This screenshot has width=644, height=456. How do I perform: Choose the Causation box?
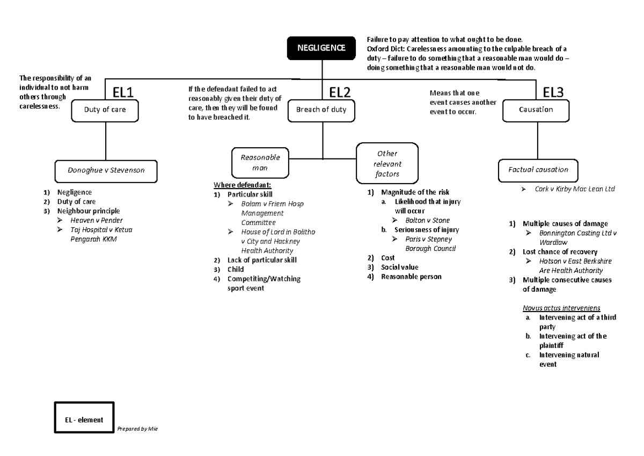pyautogui.click(x=536, y=110)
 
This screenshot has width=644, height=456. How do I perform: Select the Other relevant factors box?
pyautogui.click(x=387, y=164)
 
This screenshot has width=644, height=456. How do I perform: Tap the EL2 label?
pyautogui.click(x=339, y=93)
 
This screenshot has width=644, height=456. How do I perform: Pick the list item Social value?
pyautogui.click(x=399, y=267)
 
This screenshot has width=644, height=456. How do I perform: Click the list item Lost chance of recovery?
pyautogui.click(x=560, y=251)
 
